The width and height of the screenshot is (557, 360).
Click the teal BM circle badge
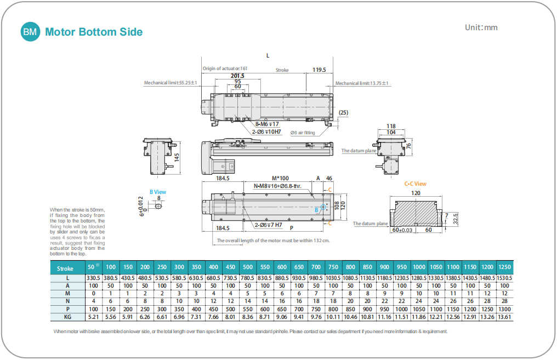31,32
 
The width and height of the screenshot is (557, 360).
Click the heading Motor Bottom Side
94,32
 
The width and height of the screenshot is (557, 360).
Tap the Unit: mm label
481,27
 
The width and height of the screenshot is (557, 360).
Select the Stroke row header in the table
65,268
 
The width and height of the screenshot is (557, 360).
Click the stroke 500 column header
247,267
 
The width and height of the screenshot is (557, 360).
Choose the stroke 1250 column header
504,267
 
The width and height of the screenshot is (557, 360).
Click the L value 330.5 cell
93,278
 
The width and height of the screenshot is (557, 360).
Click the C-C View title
415,184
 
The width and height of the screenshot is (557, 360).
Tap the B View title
158,192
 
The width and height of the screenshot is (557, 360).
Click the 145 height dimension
177,157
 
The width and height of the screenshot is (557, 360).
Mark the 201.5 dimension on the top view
237,76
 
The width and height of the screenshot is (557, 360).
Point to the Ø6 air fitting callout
303,133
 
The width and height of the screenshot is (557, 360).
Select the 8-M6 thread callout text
266,124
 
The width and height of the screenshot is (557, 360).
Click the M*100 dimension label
280,178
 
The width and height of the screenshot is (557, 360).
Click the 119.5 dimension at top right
319,70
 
